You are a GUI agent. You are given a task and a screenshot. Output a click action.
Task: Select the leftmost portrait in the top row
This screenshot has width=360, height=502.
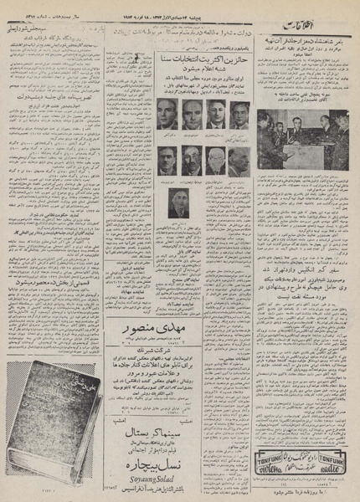pos(167,114)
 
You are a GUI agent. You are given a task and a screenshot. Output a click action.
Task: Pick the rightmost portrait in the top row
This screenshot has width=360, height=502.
pos(240,114)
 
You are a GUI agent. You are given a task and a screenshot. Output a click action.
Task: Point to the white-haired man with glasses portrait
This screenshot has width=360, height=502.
pos(216,160)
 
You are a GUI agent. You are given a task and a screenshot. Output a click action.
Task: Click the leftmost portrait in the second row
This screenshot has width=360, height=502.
pos(167,160)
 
